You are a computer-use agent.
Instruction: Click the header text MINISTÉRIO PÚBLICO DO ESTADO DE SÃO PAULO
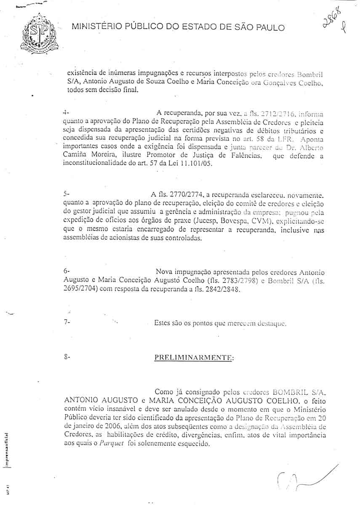point(178,28)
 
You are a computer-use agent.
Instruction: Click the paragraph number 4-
point(64,113)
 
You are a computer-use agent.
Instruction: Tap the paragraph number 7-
point(66,324)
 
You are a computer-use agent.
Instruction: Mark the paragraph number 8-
point(66,357)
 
